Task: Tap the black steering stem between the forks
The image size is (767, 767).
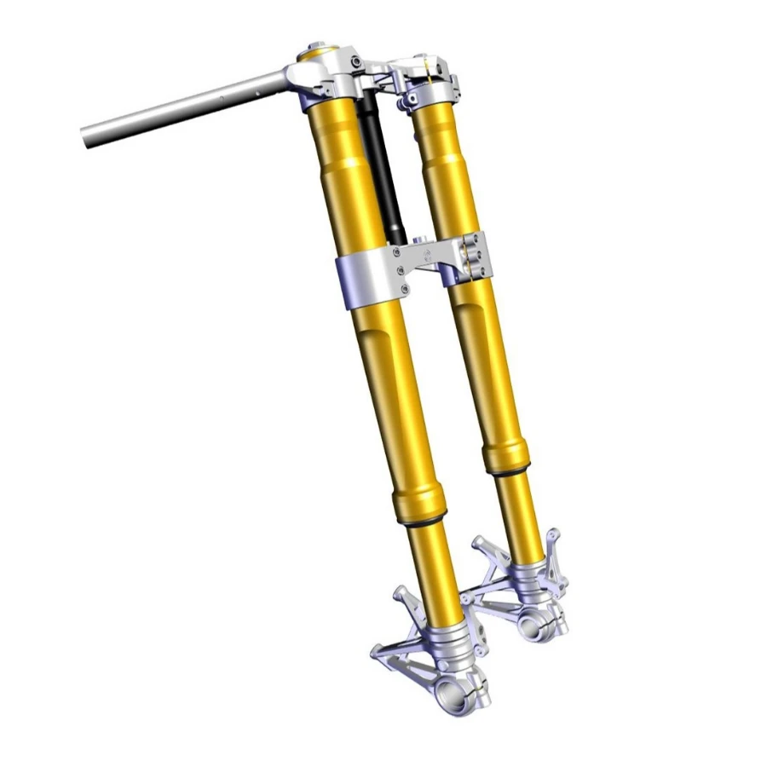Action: (382, 170)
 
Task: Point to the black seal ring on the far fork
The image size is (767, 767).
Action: (507, 468)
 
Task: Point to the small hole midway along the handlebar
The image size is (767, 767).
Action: (222, 97)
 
